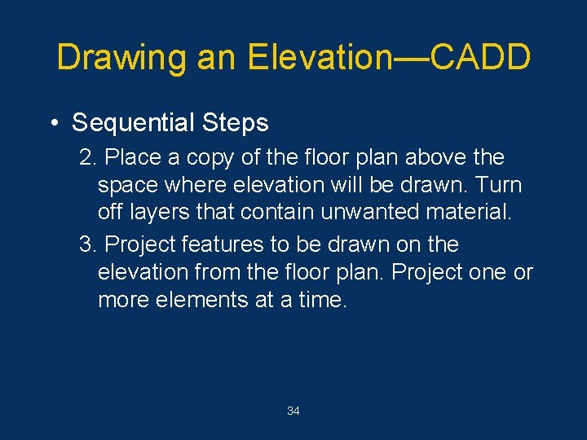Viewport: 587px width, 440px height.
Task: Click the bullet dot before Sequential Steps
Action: point(52,123)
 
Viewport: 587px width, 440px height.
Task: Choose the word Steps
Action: point(235,123)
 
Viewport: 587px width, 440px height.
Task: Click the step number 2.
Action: point(84,157)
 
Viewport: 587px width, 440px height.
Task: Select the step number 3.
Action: point(84,244)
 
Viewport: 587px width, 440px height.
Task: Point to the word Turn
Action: point(495,185)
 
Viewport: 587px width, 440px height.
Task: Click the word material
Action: point(471,213)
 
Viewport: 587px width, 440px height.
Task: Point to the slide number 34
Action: point(293,411)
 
